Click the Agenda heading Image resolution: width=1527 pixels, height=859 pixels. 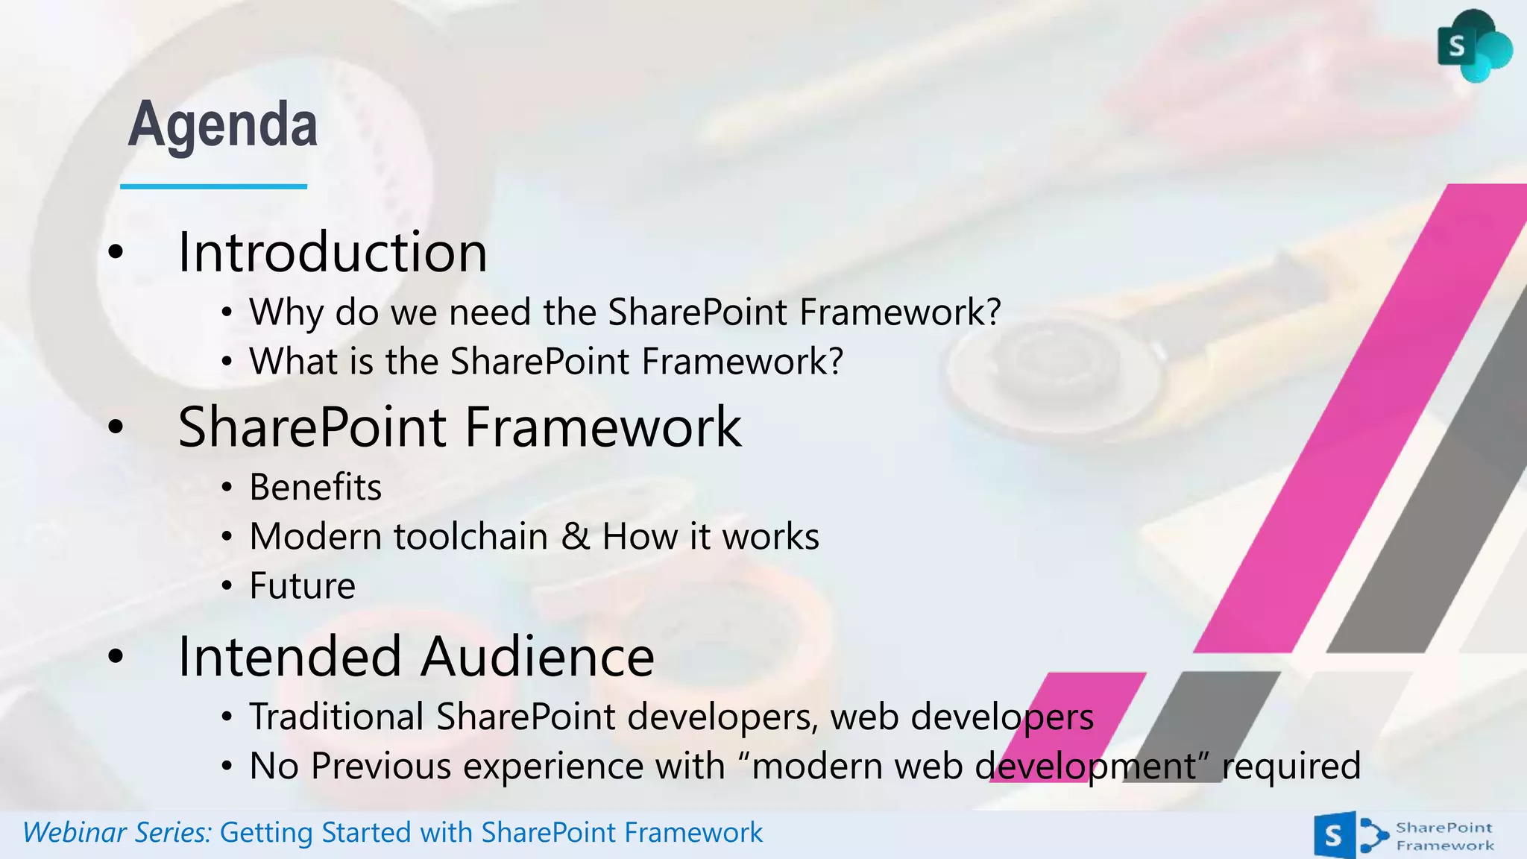click(x=222, y=125)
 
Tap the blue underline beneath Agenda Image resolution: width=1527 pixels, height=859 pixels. click(x=213, y=186)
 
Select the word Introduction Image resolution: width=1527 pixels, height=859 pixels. click(x=333, y=252)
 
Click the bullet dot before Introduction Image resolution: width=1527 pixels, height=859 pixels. click(x=115, y=252)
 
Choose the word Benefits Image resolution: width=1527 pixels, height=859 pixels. click(x=315, y=487)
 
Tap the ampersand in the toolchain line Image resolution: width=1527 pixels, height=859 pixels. click(x=575, y=535)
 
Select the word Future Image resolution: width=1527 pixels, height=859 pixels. click(x=302, y=585)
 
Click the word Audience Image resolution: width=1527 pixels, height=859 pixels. click(x=537, y=656)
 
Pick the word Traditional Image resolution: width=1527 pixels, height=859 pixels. click(x=336, y=717)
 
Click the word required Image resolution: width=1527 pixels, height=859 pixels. click(x=1291, y=766)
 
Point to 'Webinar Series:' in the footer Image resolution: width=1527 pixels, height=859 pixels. click(x=117, y=832)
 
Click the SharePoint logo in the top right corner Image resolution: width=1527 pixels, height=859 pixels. click(x=1473, y=46)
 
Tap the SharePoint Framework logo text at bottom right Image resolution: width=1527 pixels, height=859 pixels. click(x=1444, y=836)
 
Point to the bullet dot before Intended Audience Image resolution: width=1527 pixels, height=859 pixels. click(x=115, y=656)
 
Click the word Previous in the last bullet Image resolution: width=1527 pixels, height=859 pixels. click(x=380, y=766)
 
